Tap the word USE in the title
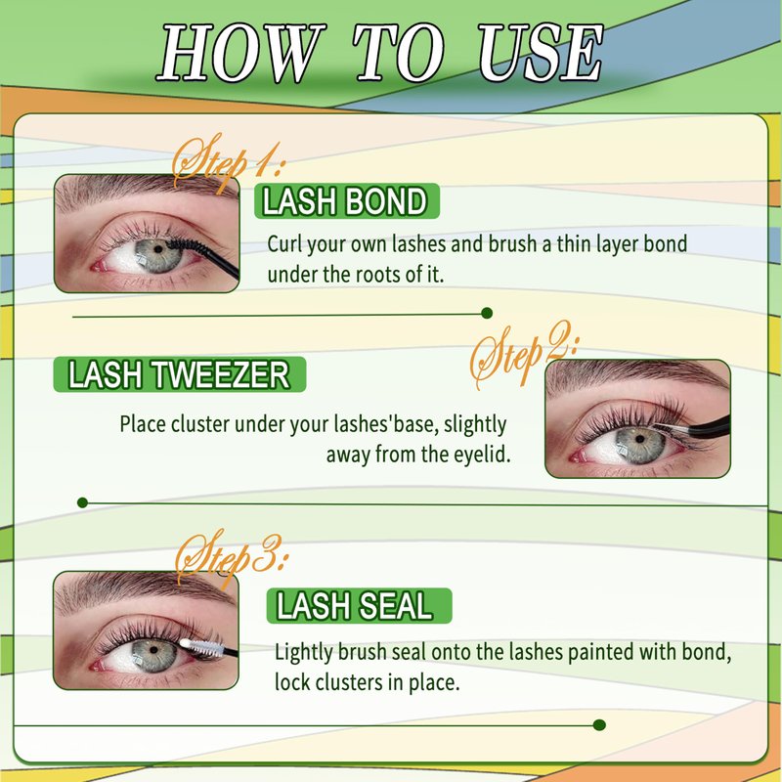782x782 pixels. (x=541, y=53)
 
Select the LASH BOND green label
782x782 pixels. (x=347, y=201)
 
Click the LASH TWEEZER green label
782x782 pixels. (x=180, y=374)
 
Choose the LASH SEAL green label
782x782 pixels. (x=359, y=606)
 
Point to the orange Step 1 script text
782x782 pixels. (x=227, y=162)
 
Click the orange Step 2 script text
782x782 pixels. (x=525, y=354)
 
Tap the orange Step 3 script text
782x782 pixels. (x=231, y=558)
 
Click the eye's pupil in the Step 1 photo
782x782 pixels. (x=158, y=249)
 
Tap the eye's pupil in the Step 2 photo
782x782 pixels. (x=640, y=438)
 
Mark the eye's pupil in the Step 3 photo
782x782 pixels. (x=154, y=649)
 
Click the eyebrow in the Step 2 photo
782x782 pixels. (x=637, y=374)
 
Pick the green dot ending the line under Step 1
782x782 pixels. (x=487, y=313)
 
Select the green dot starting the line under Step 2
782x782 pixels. (x=83, y=502)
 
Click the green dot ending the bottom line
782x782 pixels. (x=600, y=725)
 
